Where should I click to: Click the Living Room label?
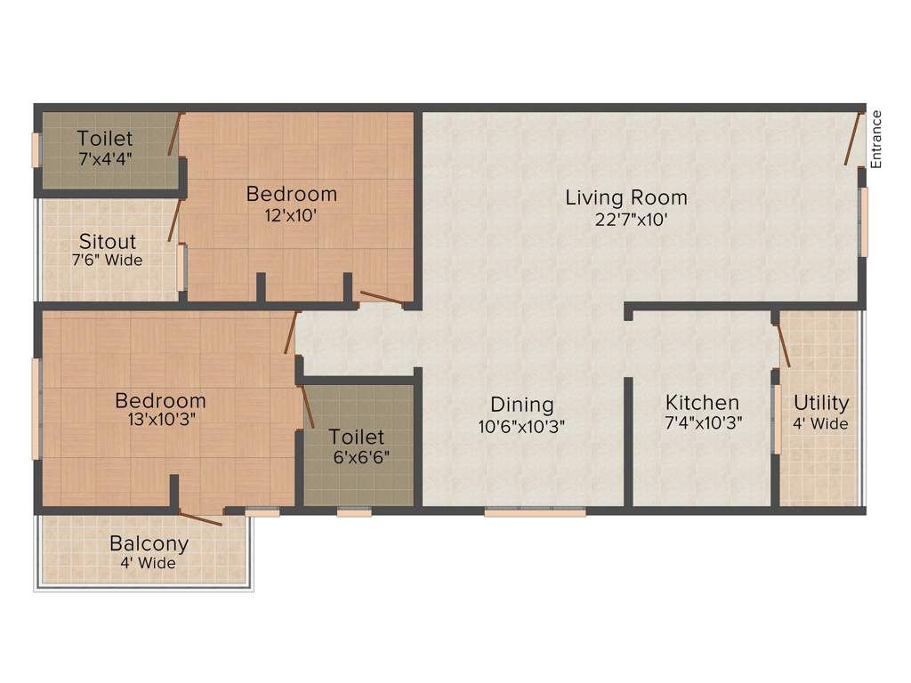626,197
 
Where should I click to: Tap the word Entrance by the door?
876,139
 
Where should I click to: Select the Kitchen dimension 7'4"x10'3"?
703,424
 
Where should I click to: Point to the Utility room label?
821,403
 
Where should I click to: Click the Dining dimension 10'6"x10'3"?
522,426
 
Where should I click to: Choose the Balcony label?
149,543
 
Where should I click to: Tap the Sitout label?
108,242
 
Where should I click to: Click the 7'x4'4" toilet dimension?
105,159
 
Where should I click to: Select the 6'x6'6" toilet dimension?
357,457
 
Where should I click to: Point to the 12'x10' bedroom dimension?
291,214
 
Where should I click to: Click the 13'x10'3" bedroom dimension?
161,421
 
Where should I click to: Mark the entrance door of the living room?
853,139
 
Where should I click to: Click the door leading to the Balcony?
200,518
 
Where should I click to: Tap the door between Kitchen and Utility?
782,345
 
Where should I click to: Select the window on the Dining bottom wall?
535,512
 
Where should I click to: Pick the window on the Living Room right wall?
862,221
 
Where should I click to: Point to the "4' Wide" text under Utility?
821,424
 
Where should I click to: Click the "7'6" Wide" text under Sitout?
108,261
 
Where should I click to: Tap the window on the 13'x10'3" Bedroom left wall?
36,408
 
